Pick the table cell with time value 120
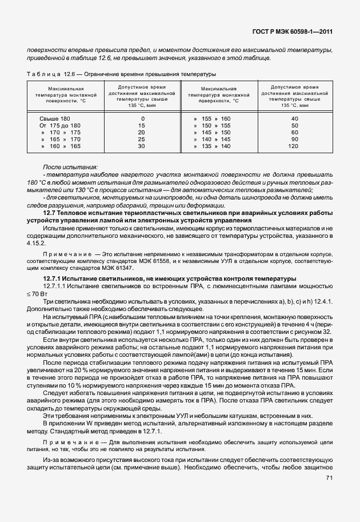coord(294,146)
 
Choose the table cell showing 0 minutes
coord(142,118)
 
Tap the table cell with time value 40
coord(294,118)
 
